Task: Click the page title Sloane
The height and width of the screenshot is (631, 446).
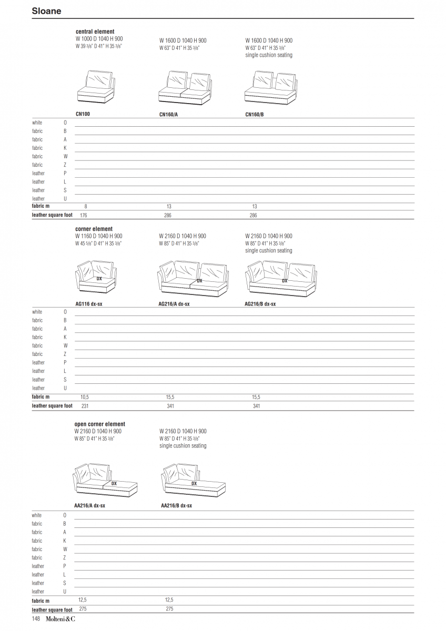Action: pyautogui.click(x=46, y=11)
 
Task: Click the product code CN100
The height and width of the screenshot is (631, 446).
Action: pyautogui.click(x=83, y=114)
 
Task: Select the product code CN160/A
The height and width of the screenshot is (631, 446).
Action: pyautogui.click(x=168, y=114)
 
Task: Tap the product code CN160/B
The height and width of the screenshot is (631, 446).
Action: pyautogui.click(x=255, y=114)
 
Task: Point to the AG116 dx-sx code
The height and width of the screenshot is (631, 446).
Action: pyautogui.click(x=89, y=303)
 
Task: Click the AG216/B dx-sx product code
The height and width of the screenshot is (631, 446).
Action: pyautogui.click(x=260, y=303)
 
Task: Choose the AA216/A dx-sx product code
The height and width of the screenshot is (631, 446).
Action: pyautogui.click(x=90, y=505)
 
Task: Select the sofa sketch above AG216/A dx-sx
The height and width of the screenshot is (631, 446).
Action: pyautogui.click(x=195, y=279)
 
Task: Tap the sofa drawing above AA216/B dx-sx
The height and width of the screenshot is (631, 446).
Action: pyautogui.click(x=193, y=480)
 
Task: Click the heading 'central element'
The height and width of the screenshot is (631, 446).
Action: pyautogui.click(x=95, y=32)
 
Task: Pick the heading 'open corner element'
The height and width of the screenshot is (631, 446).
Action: pyautogui.click(x=99, y=424)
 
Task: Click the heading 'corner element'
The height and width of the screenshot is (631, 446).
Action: pyautogui.click(x=94, y=229)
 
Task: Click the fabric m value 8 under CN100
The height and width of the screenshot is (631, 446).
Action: pyautogui.click(x=86, y=206)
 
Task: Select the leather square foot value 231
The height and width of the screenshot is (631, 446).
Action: pyautogui.click(x=84, y=405)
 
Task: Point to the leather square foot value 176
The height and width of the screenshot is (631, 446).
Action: pyautogui.click(x=83, y=215)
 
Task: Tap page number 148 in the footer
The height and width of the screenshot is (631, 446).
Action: pyautogui.click(x=36, y=619)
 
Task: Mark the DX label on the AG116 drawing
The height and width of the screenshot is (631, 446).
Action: pyautogui.click(x=99, y=279)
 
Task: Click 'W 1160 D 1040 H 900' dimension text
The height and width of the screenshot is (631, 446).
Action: pyautogui.click(x=99, y=236)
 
